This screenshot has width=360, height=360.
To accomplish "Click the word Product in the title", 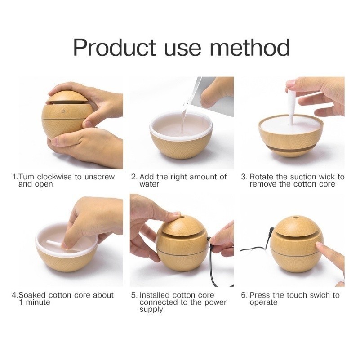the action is [x=114, y=48].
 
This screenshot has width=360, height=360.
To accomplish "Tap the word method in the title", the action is [x=250, y=48].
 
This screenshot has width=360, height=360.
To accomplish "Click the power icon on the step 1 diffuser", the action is [x=64, y=111].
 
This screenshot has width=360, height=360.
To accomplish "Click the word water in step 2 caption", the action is [x=149, y=184].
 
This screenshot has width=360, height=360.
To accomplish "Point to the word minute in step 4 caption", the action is [x=38, y=302].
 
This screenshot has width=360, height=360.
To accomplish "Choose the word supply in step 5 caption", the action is [x=151, y=310].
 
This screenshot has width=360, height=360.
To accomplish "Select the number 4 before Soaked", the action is [x=14, y=295].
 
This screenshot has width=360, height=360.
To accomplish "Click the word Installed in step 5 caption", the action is [x=154, y=295].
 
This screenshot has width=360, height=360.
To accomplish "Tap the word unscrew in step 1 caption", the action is [x=99, y=177].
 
